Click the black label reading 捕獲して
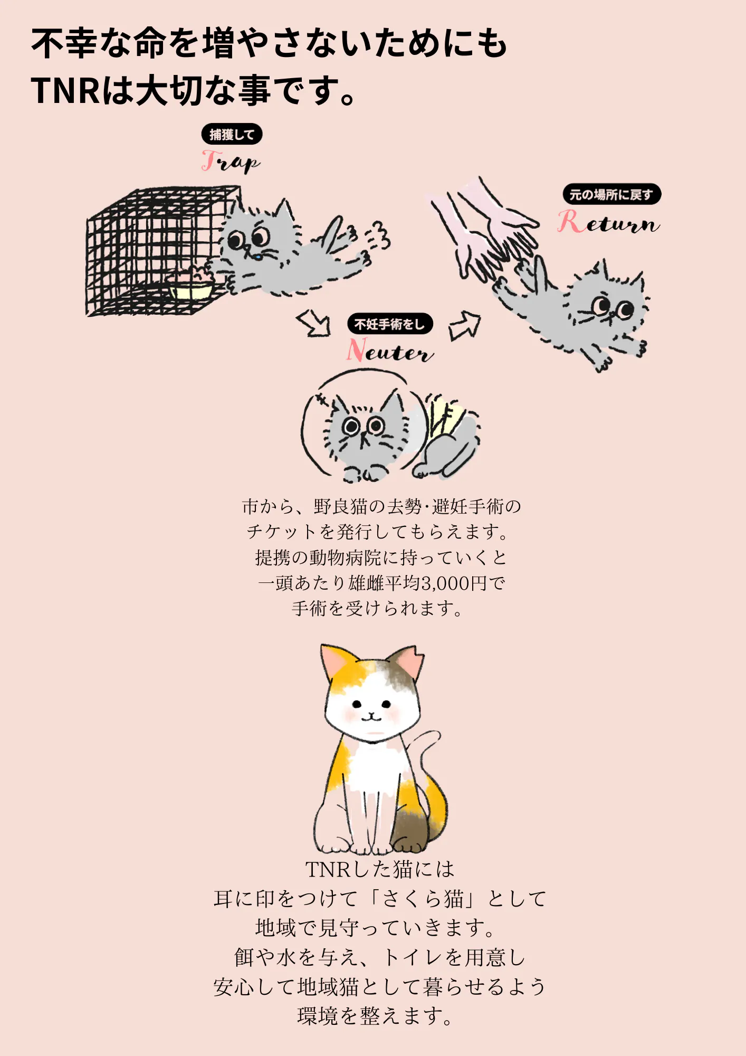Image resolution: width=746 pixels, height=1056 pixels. pyautogui.click(x=232, y=135)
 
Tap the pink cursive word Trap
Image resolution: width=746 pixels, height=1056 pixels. pyautogui.click(x=231, y=162)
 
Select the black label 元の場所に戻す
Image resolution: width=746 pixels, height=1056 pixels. pyautogui.click(x=611, y=194)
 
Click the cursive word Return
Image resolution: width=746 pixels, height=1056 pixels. pyautogui.click(x=608, y=222)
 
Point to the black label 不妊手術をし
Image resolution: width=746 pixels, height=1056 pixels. pyautogui.click(x=390, y=324)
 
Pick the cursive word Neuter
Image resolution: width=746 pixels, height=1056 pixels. pyautogui.click(x=390, y=351)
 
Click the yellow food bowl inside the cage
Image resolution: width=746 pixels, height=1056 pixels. pyautogui.click(x=191, y=290)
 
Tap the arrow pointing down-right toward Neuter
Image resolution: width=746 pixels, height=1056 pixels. pyautogui.click(x=314, y=323)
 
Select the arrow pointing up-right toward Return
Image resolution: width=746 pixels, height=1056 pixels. pyautogui.click(x=465, y=325)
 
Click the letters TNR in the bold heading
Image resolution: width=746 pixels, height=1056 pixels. pyautogui.click(x=65, y=90)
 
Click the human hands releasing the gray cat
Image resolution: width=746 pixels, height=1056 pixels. pyautogui.click(x=483, y=227)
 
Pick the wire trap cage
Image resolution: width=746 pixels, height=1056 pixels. pyautogui.click(x=158, y=251)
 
